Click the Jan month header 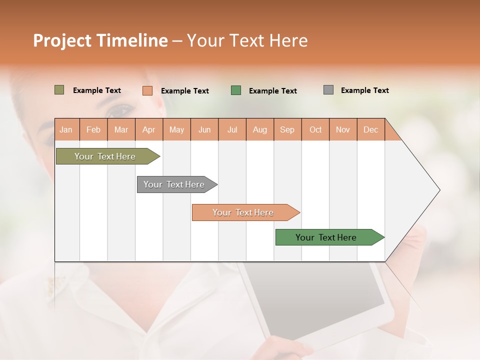[66, 129]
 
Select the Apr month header [148, 129]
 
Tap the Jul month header [232, 129]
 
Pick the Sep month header [287, 129]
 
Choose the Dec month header [370, 129]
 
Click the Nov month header [342, 129]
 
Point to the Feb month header [93, 129]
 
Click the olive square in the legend [59, 90]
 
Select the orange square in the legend [147, 90]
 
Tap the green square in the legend [236, 90]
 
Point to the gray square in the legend [328, 90]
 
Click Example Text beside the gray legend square [364, 90]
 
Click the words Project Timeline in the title [100, 40]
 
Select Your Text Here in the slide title [247, 40]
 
